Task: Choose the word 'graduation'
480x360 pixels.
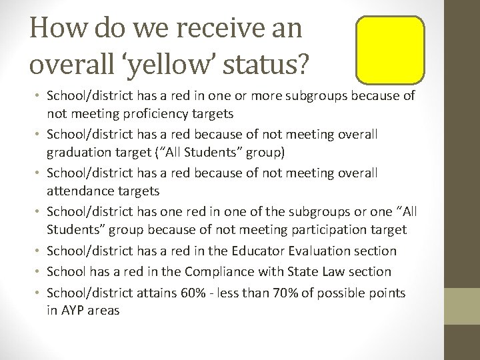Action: click(80, 153)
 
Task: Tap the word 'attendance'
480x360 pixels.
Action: click(79, 191)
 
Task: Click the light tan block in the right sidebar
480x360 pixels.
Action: click(462, 306)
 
